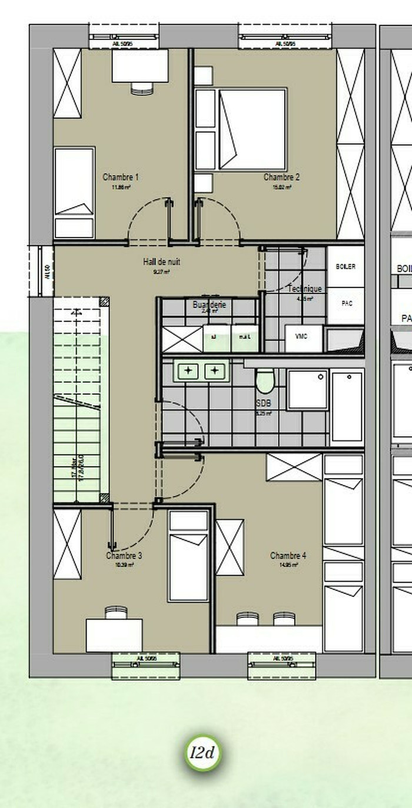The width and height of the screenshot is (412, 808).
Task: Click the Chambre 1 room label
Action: coord(121,177)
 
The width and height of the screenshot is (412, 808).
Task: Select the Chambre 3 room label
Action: coord(124,556)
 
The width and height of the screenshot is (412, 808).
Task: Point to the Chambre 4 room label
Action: coord(288,556)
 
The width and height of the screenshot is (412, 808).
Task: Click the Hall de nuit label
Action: coord(161,262)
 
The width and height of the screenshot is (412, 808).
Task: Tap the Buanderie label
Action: coord(209,305)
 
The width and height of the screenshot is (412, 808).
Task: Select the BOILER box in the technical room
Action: coord(345,266)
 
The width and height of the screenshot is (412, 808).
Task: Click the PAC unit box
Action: coord(346,304)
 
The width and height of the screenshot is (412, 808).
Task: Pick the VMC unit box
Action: coord(304,339)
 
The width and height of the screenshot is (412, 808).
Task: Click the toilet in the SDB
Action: coord(265,381)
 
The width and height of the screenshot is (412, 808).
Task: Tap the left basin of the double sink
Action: coord(188,371)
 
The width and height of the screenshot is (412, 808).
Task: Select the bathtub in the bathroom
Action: coord(347,406)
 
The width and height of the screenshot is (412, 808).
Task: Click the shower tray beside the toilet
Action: coord(307,389)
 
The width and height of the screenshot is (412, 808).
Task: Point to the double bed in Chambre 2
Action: coord(252,129)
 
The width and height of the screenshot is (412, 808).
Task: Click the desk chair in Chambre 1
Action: coord(142,88)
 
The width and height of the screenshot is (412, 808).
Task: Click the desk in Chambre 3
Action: coord(114,635)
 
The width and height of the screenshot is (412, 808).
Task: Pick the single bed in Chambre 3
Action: coord(188,556)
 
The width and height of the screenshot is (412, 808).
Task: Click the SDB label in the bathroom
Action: coord(264,404)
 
